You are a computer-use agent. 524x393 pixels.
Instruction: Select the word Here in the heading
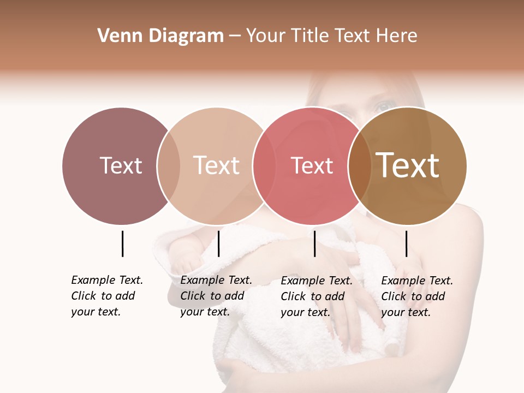click(x=397, y=36)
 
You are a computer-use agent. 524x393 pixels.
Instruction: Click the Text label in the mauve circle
click(x=121, y=165)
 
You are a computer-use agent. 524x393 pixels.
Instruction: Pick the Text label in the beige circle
click(x=217, y=165)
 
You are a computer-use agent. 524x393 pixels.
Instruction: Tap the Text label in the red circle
click(x=312, y=165)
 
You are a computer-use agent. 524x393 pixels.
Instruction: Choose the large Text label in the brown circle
click(x=408, y=165)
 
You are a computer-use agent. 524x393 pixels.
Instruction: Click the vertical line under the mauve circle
click(x=122, y=243)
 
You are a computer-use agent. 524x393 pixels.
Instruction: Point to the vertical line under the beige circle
click(x=218, y=243)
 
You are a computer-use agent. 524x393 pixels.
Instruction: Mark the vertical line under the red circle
click(x=314, y=243)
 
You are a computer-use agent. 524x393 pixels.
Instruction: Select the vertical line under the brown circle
click(x=406, y=243)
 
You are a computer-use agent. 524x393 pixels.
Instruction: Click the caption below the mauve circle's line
click(x=106, y=296)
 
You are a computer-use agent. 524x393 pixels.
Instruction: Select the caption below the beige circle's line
click(x=216, y=296)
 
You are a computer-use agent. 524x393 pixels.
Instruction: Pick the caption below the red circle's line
click(x=316, y=296)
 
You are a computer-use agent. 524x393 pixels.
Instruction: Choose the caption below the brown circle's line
click(x=416, y=296)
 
